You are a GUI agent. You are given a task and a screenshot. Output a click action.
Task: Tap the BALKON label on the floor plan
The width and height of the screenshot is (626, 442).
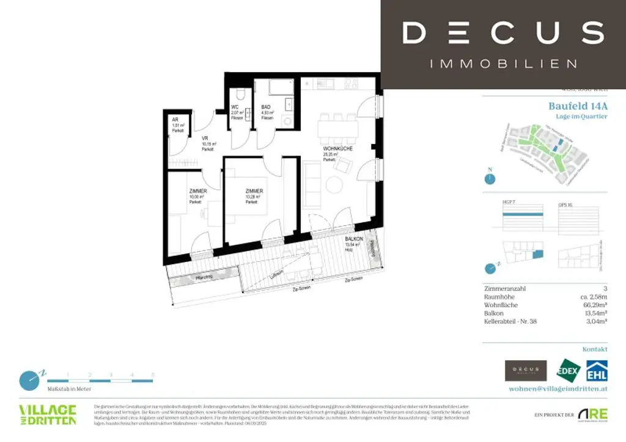pos(354,239)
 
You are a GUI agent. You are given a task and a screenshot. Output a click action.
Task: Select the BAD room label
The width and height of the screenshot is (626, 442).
pos(266,106)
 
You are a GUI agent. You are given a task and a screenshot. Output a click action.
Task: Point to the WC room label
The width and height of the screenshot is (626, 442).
pos(235,106)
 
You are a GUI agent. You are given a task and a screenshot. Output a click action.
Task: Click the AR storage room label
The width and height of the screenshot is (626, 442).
pos(175,120)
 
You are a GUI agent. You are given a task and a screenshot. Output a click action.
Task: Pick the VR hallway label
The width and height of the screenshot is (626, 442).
pos(206,139)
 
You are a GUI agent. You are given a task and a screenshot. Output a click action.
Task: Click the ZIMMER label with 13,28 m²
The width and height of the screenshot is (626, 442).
pos(253,190)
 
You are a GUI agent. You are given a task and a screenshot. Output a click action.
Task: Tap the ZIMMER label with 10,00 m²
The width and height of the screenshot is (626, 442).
pos(197,191)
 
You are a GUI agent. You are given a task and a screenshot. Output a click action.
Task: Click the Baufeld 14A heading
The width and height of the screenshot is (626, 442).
pos(578,106)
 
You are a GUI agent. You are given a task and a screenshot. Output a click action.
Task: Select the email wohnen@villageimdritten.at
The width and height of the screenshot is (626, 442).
pos(558,388)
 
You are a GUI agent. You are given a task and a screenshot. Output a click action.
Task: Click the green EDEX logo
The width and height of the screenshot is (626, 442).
pos(567,371)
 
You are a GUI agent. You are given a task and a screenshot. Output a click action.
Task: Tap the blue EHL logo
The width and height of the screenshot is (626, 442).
pos(597,371)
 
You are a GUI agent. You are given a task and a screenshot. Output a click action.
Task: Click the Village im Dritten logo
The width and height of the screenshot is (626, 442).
pos(48,415)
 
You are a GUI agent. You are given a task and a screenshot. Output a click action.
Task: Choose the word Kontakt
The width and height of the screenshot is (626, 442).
pos(594,349)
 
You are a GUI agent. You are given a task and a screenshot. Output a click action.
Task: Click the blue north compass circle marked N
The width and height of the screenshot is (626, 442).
pos(488,179)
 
